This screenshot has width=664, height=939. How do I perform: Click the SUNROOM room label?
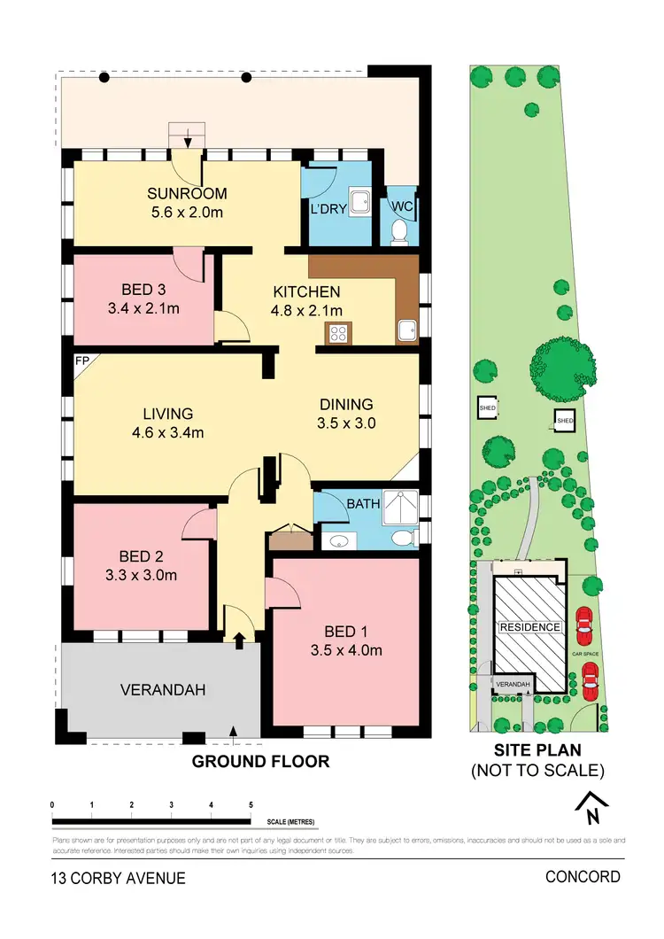point(188,194)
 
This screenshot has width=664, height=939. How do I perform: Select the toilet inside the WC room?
point(399,231)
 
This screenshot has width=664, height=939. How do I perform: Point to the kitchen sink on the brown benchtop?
point(406,331)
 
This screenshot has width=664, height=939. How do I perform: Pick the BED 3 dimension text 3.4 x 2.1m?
point(143,309)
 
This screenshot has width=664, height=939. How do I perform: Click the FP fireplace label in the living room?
point(81,361)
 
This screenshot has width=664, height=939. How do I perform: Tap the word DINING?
point(346,405)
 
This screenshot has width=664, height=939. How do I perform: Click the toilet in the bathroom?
point(403,538)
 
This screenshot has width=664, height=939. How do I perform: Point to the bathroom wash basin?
point(336,542)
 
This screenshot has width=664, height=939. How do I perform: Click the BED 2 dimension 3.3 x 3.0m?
point(143,574)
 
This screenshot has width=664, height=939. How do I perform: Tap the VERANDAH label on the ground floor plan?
point(159,690)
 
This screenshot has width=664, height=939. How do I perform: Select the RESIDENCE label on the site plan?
point(530,627)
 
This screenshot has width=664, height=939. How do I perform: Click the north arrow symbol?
point(588,806)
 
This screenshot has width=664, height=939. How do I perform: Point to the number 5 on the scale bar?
point(251,804)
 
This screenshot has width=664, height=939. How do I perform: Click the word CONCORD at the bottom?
point(583,877)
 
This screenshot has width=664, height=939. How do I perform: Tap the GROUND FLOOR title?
point(260,761)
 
